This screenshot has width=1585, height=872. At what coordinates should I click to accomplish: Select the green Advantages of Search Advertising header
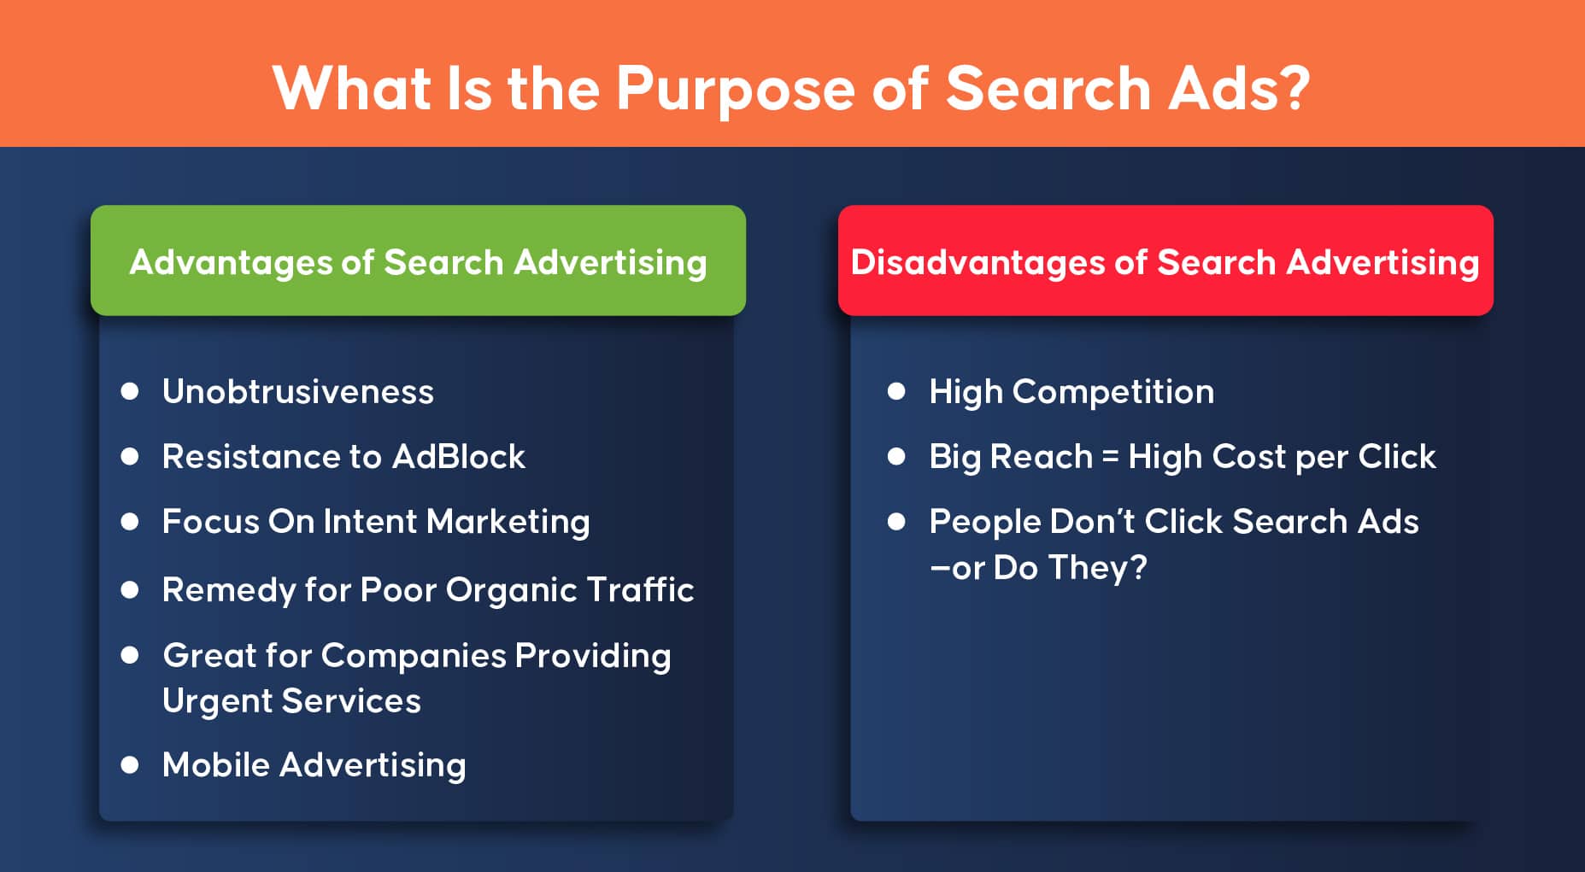click(x=418, y=260)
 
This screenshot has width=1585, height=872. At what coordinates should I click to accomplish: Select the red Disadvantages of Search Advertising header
click(x=1165, y=260)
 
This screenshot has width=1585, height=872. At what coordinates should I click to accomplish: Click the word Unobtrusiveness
click(x=298, y=392)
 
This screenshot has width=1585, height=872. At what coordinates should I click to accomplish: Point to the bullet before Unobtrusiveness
click(x=130, y=391)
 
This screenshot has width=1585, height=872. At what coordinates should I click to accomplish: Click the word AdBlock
click(x=459, y=457)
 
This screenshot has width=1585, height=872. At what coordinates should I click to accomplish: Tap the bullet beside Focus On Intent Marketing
click(x=130, y=521)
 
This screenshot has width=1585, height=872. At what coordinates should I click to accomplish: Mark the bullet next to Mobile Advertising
click(x=130, y=764)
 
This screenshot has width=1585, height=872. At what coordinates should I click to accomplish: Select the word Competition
click(x=1113, y=393)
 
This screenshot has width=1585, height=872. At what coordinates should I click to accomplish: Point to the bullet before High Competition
click(x=896, y=391)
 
